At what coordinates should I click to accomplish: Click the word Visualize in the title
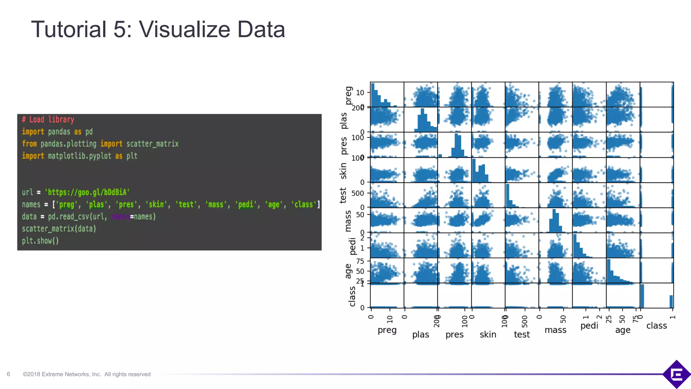click(x=185, y=30)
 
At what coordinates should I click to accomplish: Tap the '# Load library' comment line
click(x=48, y=120)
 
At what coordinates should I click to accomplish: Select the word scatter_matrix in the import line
click(x=153, y=144)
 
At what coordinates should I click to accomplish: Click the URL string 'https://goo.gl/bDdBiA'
click(x=87, y=192)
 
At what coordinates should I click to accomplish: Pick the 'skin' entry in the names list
click(x=156, y=205)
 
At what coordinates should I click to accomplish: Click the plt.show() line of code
click(x=40, y=241)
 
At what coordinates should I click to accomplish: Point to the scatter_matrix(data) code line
click(x=59, y=229)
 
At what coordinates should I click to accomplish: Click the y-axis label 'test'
click(x=343, y=196)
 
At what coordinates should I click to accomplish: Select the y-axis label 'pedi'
click(x=353, y=246)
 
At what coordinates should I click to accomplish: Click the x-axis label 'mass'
click(x=555, y=330)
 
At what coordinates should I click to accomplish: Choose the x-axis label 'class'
click(x=657, y=326)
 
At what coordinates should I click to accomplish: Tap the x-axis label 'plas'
click(x=421, y=334)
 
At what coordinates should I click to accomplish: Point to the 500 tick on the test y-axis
click(x=358, y=193)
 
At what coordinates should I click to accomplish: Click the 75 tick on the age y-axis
click(x=360, y=261)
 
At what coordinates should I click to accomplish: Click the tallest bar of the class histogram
click(x=642, y=296)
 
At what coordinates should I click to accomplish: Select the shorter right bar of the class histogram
click(x=671, y=302)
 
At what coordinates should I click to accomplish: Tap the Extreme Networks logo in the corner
click(x=676, y=374)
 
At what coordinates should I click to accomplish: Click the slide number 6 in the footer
click(x=8, y=374)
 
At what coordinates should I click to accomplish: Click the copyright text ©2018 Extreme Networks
click(x=87, y=374)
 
